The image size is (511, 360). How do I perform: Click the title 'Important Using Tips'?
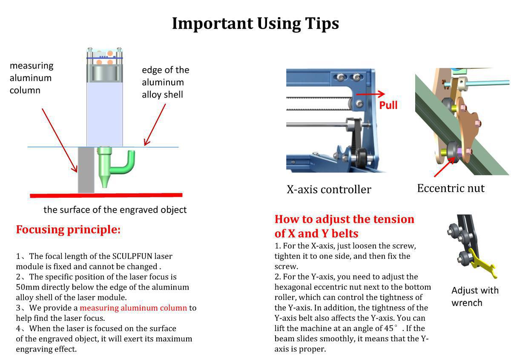255,23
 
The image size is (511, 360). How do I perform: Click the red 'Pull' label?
388,105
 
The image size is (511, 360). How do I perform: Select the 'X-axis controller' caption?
328,189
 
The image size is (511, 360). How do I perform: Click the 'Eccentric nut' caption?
451,188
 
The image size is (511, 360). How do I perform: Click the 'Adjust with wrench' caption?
474,297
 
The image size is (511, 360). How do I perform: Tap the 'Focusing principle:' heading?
68,230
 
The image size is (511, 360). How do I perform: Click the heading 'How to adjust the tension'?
344,219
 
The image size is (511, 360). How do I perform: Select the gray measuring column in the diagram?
86,170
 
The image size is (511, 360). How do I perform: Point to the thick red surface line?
106,196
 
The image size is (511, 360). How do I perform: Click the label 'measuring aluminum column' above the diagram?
32,78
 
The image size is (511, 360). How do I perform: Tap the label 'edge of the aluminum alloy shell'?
165,82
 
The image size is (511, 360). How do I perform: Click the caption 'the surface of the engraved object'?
115,210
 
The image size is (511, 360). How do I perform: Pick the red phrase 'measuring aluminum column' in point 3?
133,308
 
